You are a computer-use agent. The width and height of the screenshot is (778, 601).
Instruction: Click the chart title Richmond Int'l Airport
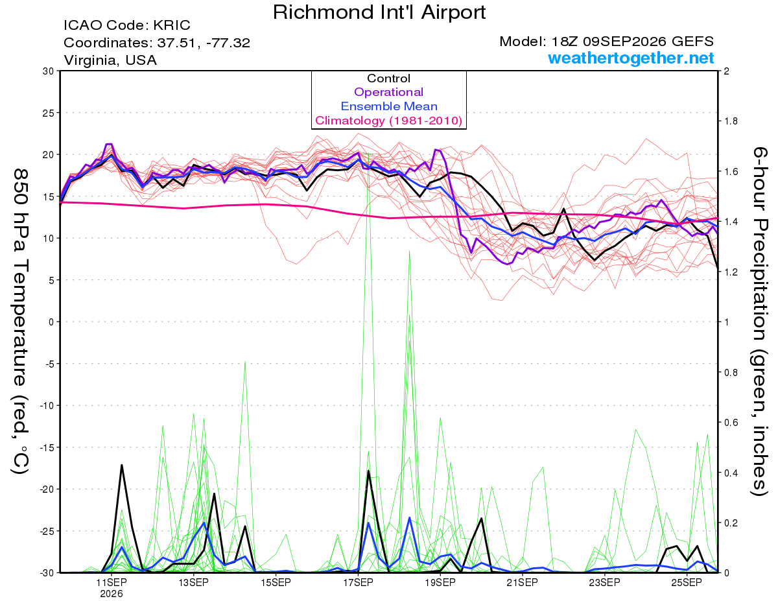pyautogui.click(x=379, y=12)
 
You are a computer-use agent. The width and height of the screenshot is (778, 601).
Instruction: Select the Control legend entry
pyautogui.click(x=388, y=78)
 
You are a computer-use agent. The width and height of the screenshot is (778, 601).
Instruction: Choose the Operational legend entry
pyautogui.click(x=388, y=92)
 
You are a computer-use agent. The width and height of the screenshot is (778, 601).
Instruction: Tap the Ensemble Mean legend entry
pyautogui.click(x=389, y=106)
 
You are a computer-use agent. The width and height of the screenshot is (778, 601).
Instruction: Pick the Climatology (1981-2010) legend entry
pyautogui.click(x=389, y=121)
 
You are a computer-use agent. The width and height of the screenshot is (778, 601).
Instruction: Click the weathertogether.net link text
pyautogui.click(x=631, y=58)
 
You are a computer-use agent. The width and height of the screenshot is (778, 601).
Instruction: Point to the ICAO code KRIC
pyautogui.click(x=172, y=25)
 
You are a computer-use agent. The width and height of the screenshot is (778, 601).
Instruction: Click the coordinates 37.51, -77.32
pyautogui.click(x=204, y=43)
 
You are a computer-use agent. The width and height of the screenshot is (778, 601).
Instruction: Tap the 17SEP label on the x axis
pyautogui.click(x=358, y=582)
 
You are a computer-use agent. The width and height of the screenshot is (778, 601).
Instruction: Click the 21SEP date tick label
pyautogui.click(x=522, y=582)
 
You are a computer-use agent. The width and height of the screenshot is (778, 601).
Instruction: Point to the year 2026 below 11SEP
pyautogui.click(x=112, y=595)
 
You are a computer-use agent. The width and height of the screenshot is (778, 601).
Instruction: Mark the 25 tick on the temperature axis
pyautogui.click(x=49, y=113)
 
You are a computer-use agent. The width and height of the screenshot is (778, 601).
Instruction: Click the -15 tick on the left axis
pyautogui.click(x=47, y=447)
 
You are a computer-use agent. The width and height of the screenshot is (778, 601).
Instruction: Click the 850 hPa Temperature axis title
pyautogui.click(x=20, y=322)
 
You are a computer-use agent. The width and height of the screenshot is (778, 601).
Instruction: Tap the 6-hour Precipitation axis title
pyautogui.click(x=760, y=321)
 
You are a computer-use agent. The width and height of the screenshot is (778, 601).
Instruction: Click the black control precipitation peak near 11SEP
pyautogui.click(x=122, y=465)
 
